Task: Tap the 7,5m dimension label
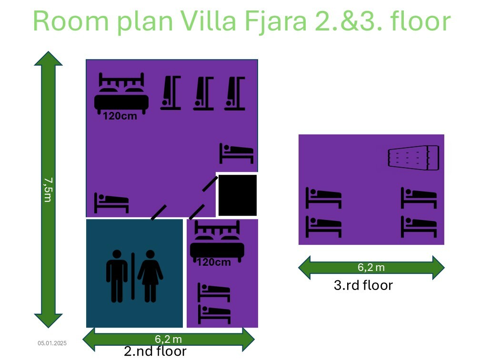tap(48, 190)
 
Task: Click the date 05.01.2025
tap(52, 343)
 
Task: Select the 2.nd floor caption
tap(155, 351)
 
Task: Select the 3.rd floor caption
tap(363, 285)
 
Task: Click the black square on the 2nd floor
tap(238, 195)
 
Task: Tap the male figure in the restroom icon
tap(117, 276)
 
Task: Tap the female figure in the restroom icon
tap(150, 276)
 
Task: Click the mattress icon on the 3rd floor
tap(413, 158)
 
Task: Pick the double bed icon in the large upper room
tap(121, 93)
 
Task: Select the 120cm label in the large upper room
tap(120, 116)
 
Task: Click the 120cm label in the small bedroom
tap(214, 262)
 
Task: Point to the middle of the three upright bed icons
tap(204, 93)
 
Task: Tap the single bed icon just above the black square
tap(237, 153)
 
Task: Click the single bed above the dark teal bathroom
tap(111, 203)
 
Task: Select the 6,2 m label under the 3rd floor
tap(371, 267)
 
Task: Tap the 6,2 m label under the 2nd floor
tap(169, 339)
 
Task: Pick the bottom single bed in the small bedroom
tap(214, 314)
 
